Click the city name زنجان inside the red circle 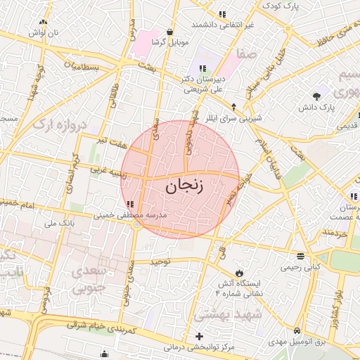pyautogui.click(x=185, y=186)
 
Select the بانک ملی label pyautogui.click(x=59, y=224)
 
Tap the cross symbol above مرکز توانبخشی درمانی pyautogui.click(x=200, y=336)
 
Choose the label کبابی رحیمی pyautogui.click(x=301, y=267)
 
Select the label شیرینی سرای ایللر pyautogui.click(x=246, y=118)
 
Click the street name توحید pyautogui.click(x=160, y=262)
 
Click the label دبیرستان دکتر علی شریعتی pyautogui.click(x=203, y=84)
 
